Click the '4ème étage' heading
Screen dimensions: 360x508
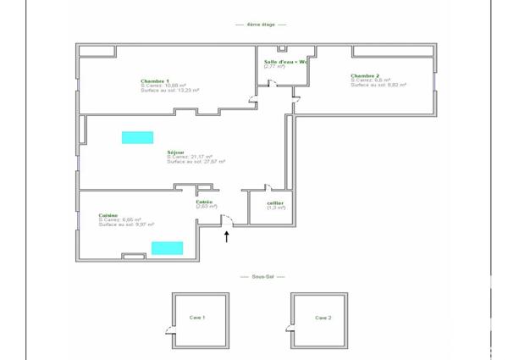click(254, 25)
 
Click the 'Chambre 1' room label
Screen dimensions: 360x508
click(155, 80)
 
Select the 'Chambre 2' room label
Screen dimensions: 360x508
click(366, 75)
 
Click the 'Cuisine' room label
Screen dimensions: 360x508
click(108, 215)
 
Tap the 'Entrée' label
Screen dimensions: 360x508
click(204, 202)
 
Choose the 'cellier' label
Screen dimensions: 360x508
click(274, 202)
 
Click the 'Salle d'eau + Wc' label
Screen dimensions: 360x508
click(284, 61)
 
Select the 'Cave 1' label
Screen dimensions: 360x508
click(197, 317)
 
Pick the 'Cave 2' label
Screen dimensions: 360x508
click(323, 318)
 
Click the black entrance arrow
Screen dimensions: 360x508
click(226, 236)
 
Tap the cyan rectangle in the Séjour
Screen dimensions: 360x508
click(137, 137)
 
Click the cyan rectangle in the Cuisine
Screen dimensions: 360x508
click(167, 248)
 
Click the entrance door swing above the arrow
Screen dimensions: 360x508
click(226, 220)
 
